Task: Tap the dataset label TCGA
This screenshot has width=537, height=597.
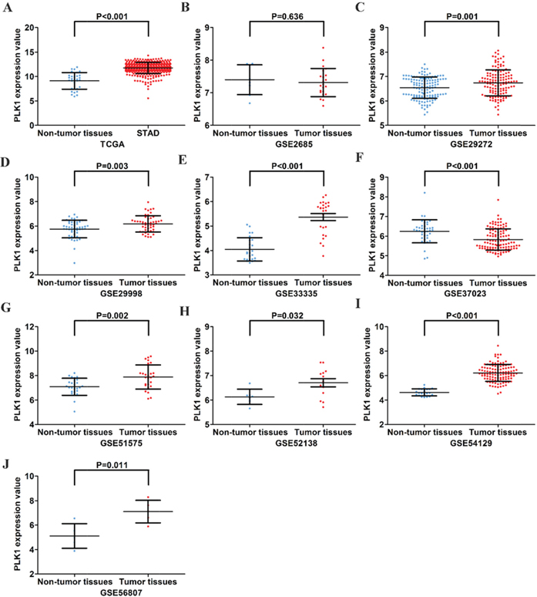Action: click(x=112, y=144)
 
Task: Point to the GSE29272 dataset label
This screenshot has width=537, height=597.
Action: click(x=462, y=144)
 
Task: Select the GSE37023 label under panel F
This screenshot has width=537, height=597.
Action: click(x=462, y=294)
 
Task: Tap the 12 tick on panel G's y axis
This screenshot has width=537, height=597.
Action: click(x=29, y=327)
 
